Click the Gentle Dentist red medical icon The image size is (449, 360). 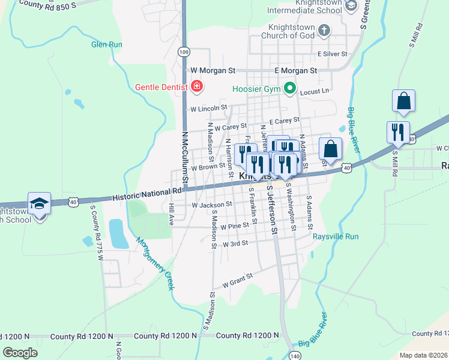pos(197,87)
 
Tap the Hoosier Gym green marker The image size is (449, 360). pos(291,89)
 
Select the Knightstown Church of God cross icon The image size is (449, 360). pos(324,31)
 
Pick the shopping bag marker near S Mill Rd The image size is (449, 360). pos(404,102)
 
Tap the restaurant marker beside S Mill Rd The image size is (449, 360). pos(398,133)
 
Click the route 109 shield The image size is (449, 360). pos(184,52)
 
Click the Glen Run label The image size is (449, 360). pos(106,44)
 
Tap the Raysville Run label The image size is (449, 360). pos(336,236)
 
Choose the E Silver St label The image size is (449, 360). pos(333,54)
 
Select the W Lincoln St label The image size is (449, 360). pos(208,109)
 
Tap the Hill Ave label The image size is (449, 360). pos(171,214)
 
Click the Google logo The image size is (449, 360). pos(20,353)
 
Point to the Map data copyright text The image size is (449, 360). pos(423,355)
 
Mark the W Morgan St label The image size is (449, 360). pos(214,71)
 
